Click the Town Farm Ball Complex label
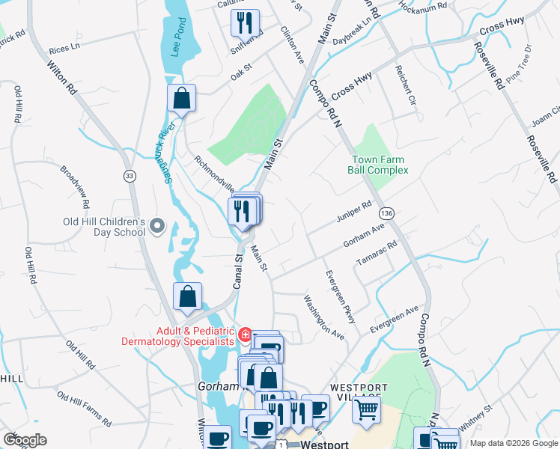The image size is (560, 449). (378, 165)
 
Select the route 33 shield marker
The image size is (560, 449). (130, 175)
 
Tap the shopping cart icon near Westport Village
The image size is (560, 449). (366, 409)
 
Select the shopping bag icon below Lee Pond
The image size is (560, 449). (181, 98)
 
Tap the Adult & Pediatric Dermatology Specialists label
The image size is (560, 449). (174, 336)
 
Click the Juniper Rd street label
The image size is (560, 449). (356, 207)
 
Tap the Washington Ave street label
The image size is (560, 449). (323, 317)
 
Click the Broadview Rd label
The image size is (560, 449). (75, 188)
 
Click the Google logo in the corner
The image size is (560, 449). (25, 440)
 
